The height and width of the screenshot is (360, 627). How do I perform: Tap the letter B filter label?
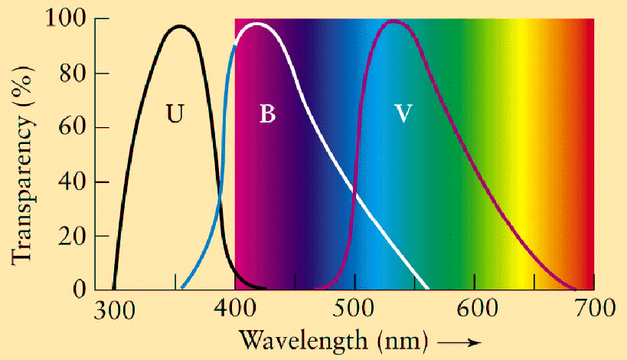(267, 115)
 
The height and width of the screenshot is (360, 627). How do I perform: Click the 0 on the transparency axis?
(80, 290)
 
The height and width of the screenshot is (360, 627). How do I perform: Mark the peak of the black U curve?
(180, 26)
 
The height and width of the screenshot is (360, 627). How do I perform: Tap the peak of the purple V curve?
(394, 21)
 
